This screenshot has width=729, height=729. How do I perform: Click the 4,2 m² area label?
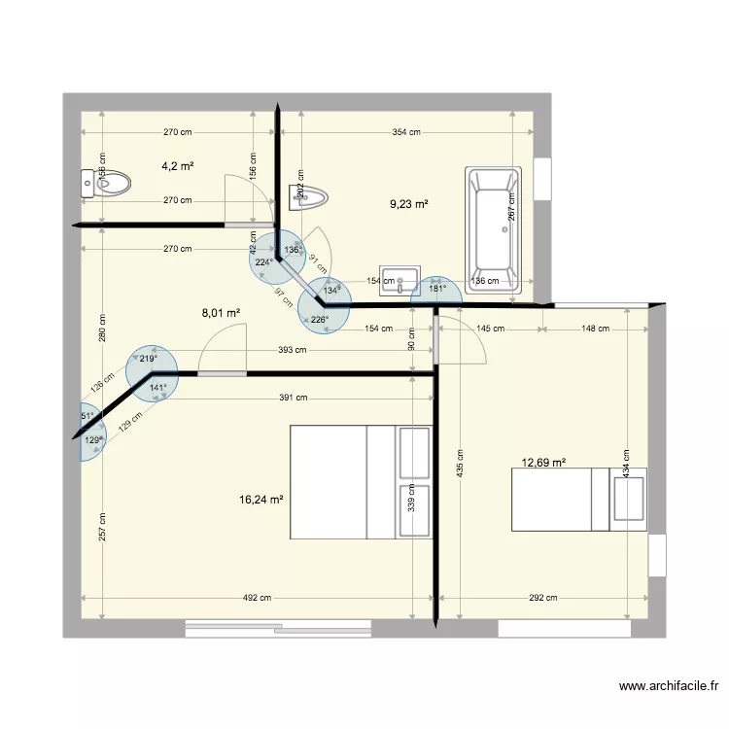[x=177, y=166]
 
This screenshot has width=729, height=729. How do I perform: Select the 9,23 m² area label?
[x=409, y=204]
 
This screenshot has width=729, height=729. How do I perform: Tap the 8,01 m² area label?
[x=221, y=313]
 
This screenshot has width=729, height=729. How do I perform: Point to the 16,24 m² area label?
[x=260, y=500]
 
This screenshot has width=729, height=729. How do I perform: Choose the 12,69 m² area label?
[x=544, y=463]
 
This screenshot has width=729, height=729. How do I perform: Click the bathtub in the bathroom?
[x=495, y=231]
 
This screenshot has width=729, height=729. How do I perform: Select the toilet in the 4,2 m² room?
[x=106, y=183]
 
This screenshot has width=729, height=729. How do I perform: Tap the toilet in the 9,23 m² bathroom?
[x=309, y=197]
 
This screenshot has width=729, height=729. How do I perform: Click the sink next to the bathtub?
[x=399, y=279]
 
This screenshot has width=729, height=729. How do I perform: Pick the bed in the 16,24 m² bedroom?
[x=360, y=481]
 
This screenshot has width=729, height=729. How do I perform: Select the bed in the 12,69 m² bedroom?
[x=578, y=500]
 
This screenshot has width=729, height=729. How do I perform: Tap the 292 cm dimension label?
[x=544, y=599]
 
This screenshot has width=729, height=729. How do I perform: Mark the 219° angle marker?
[x=149, y=359]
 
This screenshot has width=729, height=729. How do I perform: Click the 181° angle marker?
[x=437, y=289]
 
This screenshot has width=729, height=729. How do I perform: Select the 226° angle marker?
[x=320, y=318]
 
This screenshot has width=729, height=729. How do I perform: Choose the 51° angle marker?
[x=87, y=416]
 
